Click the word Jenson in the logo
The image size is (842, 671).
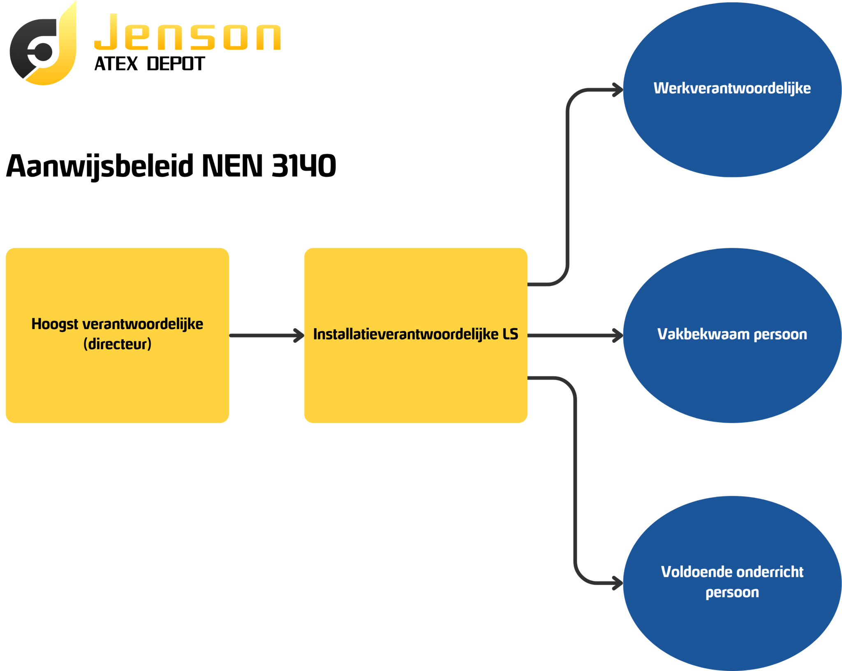coord(187,32)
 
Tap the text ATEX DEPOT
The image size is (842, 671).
coord(149,64)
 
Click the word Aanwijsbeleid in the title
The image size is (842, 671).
coord(100,166)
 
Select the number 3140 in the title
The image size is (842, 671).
coord(304,166)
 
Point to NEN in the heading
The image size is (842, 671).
coord(232,166)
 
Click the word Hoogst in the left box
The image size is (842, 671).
coord(55,325)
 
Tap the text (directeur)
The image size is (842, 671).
coord(117,344)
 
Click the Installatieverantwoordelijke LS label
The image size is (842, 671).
coord(416,334)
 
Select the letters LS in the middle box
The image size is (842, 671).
coord(511,334)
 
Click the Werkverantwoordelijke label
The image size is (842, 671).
coord(732,88)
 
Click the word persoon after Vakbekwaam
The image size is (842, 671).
coord(780,335)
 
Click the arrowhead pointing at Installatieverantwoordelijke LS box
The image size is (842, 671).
coord(298,335)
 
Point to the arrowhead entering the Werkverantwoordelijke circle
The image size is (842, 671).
coord(618,90)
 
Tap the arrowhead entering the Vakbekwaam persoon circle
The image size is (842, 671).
coord(618,335)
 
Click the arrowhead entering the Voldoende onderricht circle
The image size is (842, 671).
coord(618,583)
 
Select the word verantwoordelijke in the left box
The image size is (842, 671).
coord(143,325)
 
